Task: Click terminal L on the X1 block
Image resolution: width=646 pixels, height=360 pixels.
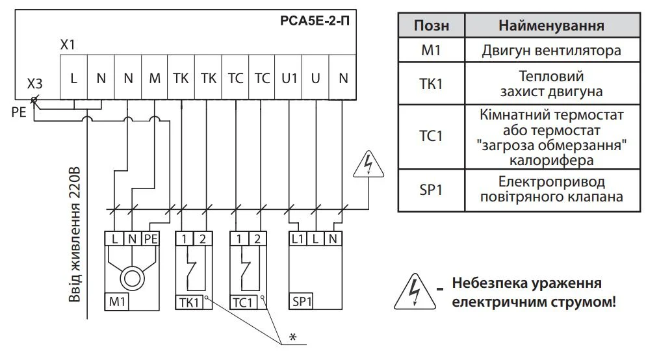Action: pyautogui.click(x=73, y=78)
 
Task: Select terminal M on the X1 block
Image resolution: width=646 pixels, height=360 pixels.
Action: pyautogui.click(x=155, y=78)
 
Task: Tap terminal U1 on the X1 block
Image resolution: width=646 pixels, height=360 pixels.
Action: pyautogui.click(x=289, y=78)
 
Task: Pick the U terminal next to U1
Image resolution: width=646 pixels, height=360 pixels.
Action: pyautogui.click(x=316, y=78)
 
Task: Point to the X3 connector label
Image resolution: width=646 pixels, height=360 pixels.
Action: pyautogui.click(x=35, y=85)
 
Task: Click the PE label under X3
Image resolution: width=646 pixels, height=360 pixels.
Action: pyautogui.click(x=18, y=112)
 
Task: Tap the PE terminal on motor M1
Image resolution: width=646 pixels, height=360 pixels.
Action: pyautogui.click(x=151, y=238)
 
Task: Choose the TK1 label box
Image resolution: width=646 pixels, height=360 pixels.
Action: pyautogui.click(x=188, y=302)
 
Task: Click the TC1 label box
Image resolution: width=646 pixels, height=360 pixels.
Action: pyautogui.click(x=242, y=302)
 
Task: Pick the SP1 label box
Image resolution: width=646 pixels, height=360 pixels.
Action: pyautogui.click(x=302, y=302)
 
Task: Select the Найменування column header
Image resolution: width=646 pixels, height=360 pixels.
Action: pyautogui.click(x=551, y=25)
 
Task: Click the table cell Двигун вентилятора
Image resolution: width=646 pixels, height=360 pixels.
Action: pyautogui.click(x=551, y=51)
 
